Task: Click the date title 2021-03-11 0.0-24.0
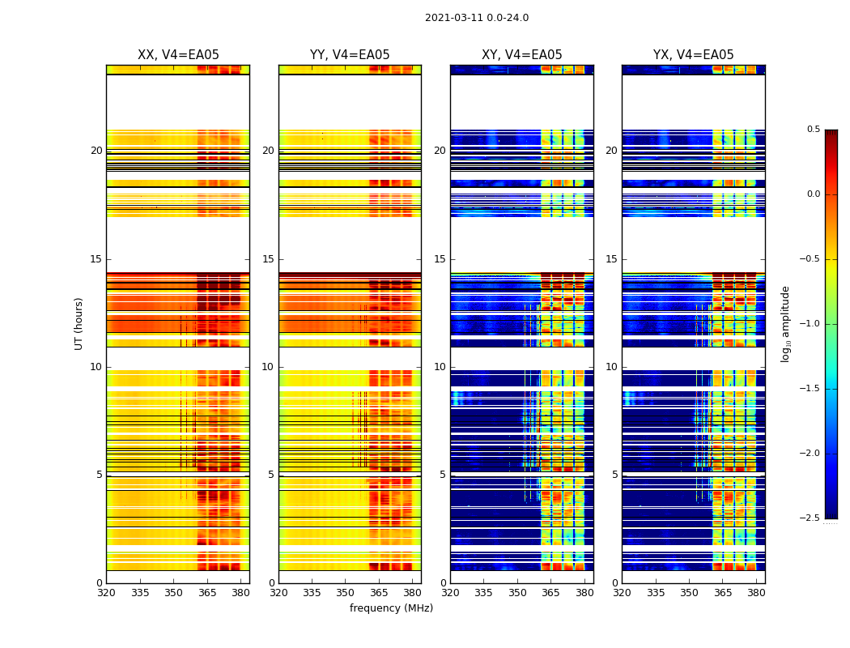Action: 476,18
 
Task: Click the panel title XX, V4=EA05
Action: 178,55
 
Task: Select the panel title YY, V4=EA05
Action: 350,55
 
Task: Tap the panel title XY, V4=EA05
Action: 521,55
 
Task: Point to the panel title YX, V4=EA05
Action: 693,55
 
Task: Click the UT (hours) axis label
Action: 79,323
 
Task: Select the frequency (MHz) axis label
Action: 391,608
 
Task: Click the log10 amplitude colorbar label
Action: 785,323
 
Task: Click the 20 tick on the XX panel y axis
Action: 96,151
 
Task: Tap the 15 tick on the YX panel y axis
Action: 612,259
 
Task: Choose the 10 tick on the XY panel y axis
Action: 440,367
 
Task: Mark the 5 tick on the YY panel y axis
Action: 271,475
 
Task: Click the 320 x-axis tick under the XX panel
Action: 106,593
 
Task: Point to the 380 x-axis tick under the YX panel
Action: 756,593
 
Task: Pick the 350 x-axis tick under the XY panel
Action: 517,593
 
